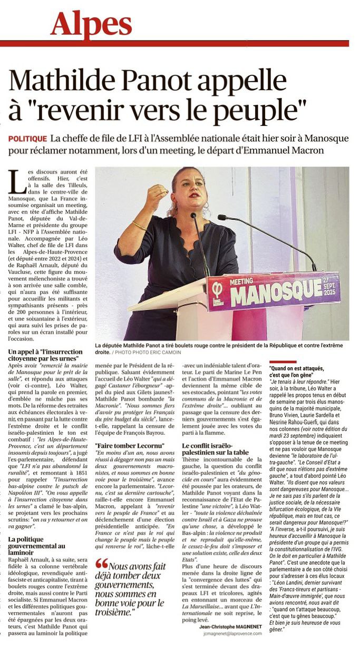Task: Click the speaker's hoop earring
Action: pos(204,205)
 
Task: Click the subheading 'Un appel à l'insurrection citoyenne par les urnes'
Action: pos(45,355)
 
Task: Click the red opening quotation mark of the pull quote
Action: pos(101,564)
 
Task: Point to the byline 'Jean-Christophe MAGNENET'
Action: pos(230,627)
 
